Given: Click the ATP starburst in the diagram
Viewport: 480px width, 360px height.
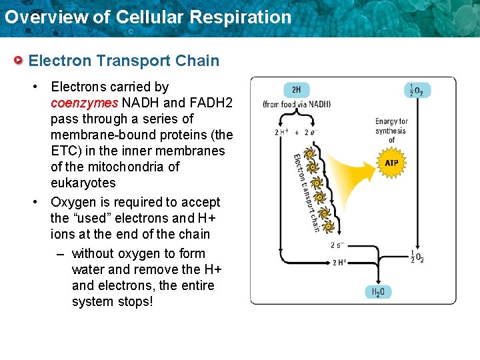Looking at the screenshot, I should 392,163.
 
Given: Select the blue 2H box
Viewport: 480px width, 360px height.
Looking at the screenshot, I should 296,90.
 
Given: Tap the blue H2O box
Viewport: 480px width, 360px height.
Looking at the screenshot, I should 379,291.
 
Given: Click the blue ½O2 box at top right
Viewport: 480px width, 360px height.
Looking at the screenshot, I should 417,90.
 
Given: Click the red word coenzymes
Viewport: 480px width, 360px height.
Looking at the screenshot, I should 84,103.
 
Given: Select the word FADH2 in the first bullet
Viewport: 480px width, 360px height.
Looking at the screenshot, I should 211,103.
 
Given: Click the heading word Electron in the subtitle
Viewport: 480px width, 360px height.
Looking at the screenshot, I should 60,61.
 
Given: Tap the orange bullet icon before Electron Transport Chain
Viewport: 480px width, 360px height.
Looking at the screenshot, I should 19,61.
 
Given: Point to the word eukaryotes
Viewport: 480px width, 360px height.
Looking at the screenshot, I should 83,183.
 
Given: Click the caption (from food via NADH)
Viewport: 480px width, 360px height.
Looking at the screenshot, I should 297,105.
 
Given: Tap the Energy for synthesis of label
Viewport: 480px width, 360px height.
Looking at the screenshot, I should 391,130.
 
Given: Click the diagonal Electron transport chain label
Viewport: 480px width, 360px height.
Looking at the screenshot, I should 305,192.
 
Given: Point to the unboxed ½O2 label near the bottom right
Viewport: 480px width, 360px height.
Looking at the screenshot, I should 417,256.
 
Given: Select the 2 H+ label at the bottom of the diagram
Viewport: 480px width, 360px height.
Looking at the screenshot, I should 339,262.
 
